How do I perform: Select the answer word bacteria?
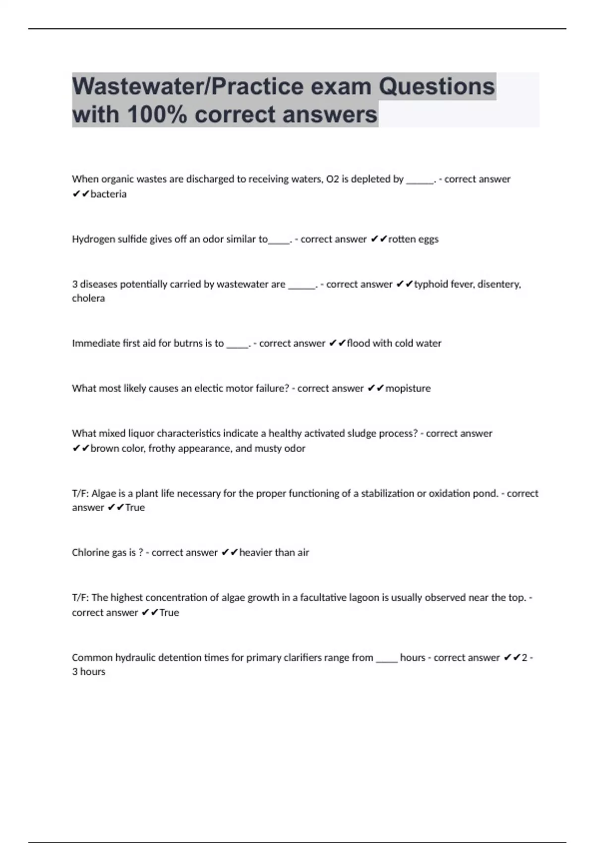(x=109, y=194)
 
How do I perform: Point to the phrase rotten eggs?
(x=413, y=239)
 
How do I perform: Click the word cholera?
(x=88, y=299)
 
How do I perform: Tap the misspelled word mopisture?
(x=408, y=388)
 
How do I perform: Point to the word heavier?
(x=255, y=552)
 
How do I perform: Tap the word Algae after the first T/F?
(x=104, y=493)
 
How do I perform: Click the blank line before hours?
(x=387, y=660)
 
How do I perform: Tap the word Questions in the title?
(x=437, y=87)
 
